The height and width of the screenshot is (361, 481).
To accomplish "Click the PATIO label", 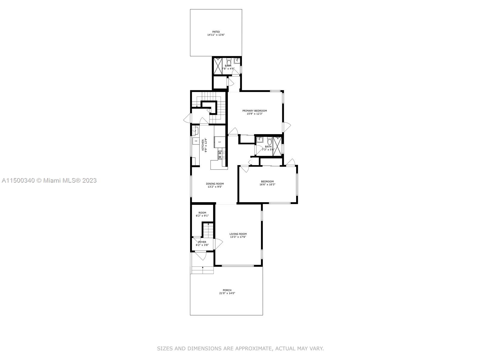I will [216, 32].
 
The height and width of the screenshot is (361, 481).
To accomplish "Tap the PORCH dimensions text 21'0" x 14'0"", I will [227, 293].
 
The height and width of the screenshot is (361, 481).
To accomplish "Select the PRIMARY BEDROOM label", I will [255, 111].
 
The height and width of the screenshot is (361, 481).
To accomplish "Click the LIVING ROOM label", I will [238, 234].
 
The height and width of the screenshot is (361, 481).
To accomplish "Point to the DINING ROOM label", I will [215, 184].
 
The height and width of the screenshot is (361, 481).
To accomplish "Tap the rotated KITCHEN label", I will [203, 145].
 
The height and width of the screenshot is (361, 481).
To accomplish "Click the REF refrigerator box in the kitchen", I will [219, 142].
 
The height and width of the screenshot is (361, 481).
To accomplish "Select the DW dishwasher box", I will [196, 141].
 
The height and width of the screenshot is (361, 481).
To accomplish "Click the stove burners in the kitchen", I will [222, 155].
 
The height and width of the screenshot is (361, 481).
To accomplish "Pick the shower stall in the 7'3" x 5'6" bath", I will [277, 146].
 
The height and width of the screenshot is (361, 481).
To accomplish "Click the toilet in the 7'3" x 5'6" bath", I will [269, 140].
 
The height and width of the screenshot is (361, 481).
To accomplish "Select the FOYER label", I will [202, 242].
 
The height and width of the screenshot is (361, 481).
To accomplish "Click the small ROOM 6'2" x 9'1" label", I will [202, 213].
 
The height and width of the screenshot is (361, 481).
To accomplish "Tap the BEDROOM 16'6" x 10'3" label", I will [267, 181].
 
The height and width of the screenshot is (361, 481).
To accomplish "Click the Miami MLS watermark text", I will [49, 180].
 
